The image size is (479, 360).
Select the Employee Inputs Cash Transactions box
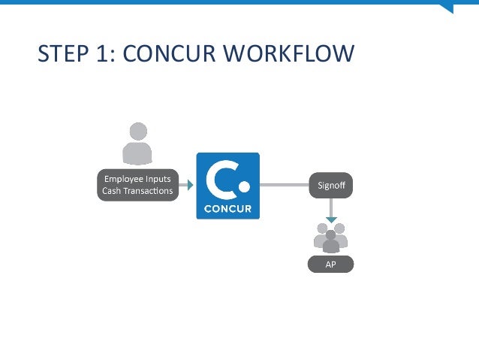click(x=137, y=185)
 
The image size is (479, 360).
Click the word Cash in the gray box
click(x=111, y=191)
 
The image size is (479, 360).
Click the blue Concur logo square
click(x=227, y=186)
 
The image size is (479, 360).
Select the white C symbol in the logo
click(x=221, y=178)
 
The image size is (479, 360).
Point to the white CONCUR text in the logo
click(x=227, y=208)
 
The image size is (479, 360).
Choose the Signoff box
click(x=330, y=185)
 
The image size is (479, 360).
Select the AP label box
click(x=330, y=265)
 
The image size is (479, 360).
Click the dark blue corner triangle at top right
click(x=447, y=8)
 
